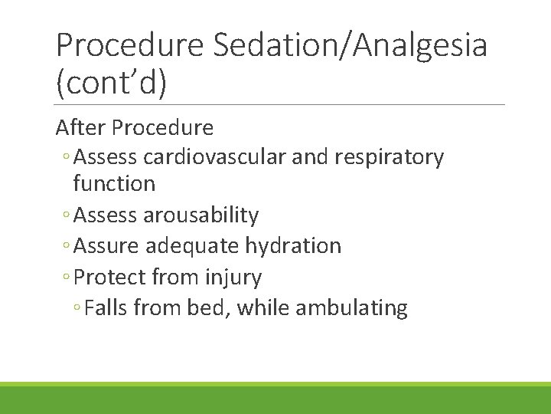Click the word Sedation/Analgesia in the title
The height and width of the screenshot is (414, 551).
pyautogui.click(x=350, y=45)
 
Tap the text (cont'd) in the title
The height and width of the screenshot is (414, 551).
pyautogui.click(x=111, y=83)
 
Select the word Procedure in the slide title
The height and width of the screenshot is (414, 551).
pyautogui.click(x=129, y=45)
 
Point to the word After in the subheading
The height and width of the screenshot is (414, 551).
pyautogui.click(x=81, y=127)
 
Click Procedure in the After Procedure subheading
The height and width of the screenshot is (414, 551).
pyautogui.click(x=163, y=127)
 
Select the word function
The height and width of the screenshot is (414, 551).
pyautogui.click(x=114, y=184)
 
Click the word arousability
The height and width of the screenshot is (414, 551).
pyautogui.click(x=201, y=215)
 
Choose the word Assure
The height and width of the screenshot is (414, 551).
pyautogui.click(x=106, y=246)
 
